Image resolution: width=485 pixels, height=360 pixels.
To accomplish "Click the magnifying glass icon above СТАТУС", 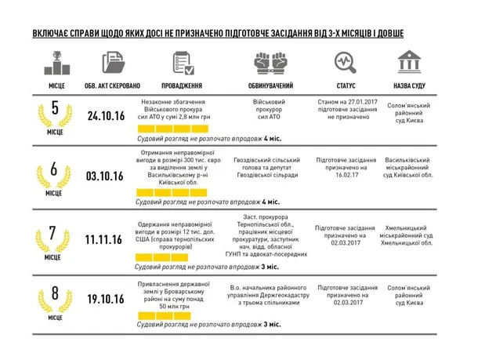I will (345, 62).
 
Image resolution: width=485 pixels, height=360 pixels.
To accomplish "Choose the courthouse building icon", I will (409, 62).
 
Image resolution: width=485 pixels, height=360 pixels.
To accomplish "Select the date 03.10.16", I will (106, 174).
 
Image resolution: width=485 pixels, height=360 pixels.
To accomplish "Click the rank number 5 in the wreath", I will (54, 109).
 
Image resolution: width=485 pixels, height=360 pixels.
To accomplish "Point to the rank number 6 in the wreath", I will (53, 168).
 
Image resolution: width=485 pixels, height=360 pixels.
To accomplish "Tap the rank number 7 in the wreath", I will (53, 233).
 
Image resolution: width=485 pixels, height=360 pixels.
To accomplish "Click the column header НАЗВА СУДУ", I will (410, 85).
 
